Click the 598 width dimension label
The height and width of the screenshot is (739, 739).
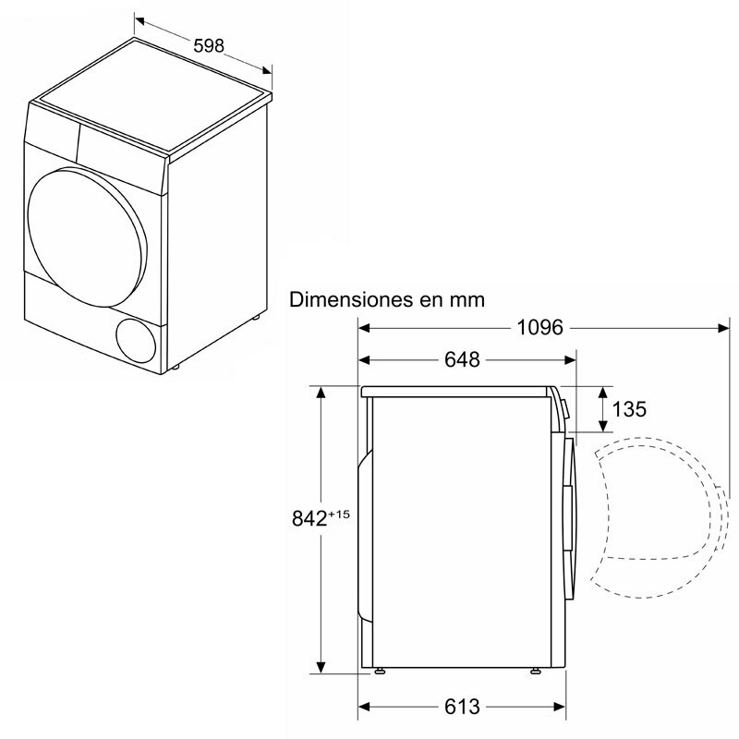[208, 45]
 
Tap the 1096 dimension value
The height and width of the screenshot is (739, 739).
[539, 328]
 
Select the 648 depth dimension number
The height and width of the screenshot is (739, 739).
[462, 359]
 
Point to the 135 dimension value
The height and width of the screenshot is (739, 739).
[629, 409]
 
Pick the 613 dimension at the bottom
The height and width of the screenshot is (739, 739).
[462, 707]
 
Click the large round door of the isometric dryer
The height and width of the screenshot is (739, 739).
[86, 228]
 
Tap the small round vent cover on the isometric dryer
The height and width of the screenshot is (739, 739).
[137, 338]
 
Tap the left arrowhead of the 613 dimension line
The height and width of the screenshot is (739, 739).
[365, 707]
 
